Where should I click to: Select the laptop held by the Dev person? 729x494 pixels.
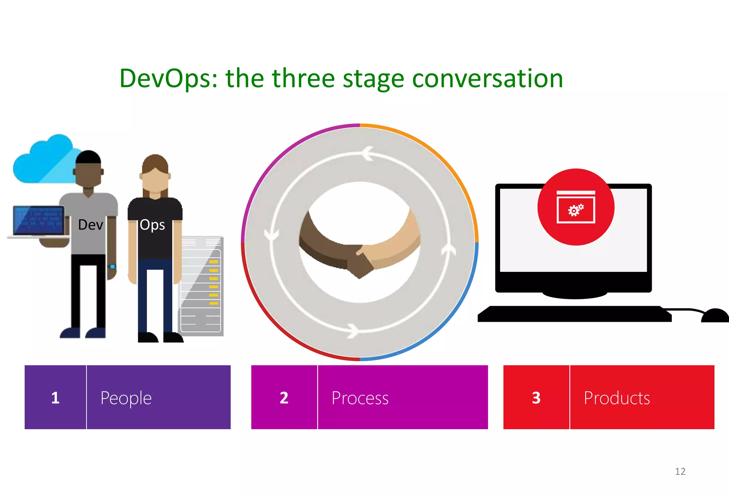click(38, 221)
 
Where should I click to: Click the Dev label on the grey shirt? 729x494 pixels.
click(90, 225)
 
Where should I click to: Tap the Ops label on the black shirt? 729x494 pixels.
click(152, 225)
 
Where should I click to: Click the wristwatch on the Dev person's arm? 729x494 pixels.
click(112, 267)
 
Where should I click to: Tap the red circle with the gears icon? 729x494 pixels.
click(576, 207)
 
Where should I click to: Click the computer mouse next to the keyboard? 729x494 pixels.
click(715, 316)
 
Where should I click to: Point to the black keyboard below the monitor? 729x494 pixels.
click(574, 314)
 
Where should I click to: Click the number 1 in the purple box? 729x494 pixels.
click(55, 398)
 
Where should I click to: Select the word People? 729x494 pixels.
click(126, 398)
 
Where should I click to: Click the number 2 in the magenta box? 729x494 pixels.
click(284, 398)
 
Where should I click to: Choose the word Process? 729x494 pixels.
click(360, 398)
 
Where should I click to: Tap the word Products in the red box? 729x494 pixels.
click(617, 398)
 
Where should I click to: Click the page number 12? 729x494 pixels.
click(680, 472)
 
